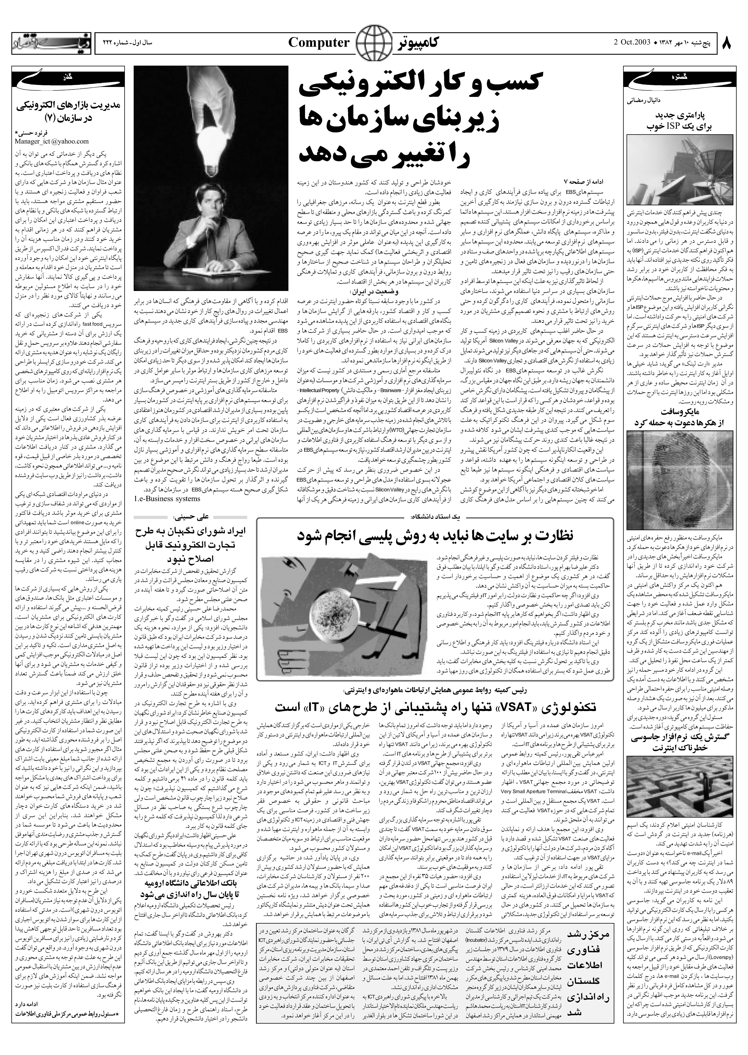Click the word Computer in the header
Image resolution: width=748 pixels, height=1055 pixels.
pyautogui.click(x=319, y=43)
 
